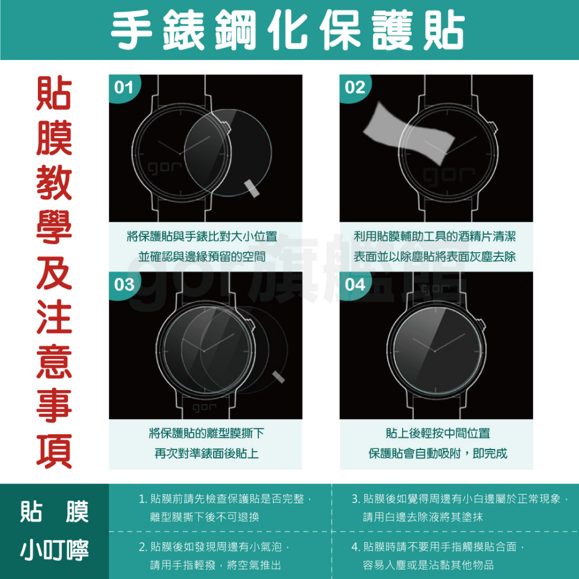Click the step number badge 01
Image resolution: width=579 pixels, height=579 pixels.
tap(123, 88)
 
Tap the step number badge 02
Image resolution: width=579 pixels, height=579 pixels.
tap(355, 88)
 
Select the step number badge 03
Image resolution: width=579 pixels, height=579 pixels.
tap(124, 285)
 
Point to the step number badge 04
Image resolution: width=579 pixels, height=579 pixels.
tap(355, 285)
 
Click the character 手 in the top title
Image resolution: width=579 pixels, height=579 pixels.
tap(132, 30)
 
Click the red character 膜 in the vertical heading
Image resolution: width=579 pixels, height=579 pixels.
tap(54, 138)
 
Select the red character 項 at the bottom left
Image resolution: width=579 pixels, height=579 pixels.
tap(54, 451)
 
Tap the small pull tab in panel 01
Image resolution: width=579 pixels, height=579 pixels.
tap(252, 188)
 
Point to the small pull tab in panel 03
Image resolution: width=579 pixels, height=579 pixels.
tap(278, 377)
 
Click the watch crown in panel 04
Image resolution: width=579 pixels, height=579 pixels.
tap(482, 325)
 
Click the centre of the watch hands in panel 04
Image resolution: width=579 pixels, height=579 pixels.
tap(435, 351)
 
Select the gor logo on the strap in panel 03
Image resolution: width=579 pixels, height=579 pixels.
tap(204, 408)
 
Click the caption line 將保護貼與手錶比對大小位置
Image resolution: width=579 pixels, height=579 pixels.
tap(202, 236)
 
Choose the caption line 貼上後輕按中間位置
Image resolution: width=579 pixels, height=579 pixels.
tap(438, 433)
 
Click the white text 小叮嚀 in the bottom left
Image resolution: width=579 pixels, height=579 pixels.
tap(54, 550)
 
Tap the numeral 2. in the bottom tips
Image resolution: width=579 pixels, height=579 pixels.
tap(143, 547)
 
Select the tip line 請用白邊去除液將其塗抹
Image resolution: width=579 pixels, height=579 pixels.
tap(423, 517)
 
